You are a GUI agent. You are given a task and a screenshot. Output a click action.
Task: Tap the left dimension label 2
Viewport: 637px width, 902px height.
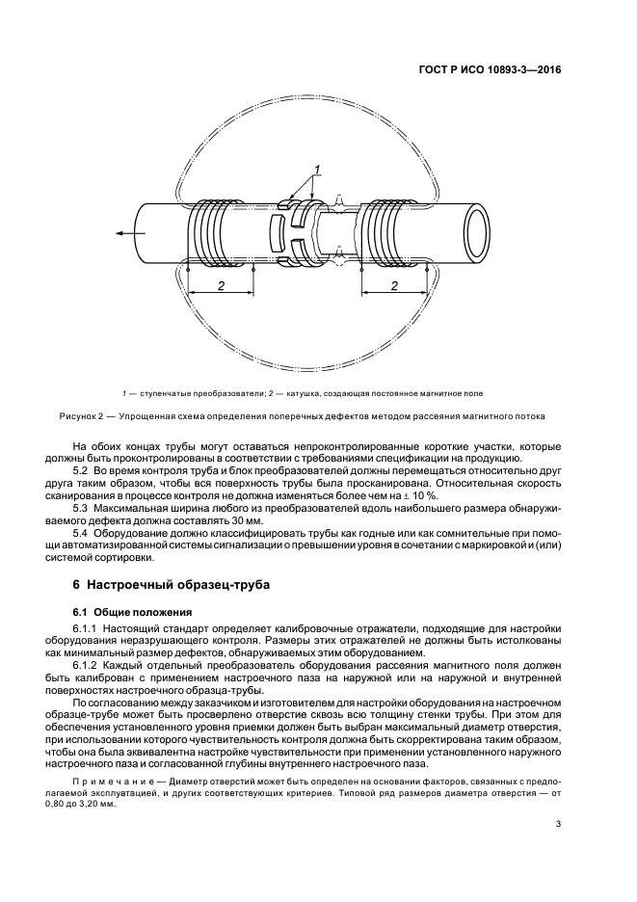tap(221, 286)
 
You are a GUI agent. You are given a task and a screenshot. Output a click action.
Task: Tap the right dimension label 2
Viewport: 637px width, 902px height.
tap(395, 286)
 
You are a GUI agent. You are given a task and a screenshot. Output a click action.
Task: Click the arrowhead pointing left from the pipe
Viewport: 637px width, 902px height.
tap(118, 232)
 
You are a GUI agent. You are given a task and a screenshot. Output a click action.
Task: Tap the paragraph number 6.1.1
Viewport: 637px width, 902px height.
tap(89, 629)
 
